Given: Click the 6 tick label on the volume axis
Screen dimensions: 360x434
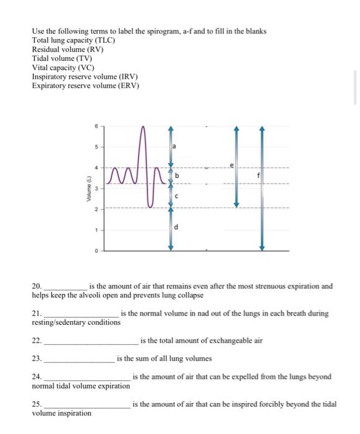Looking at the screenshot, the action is (x=97, y=125).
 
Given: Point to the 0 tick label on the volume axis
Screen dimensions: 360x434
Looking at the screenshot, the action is (x=97, y=251).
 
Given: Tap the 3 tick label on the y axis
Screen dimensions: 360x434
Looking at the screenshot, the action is (x=97, y=188).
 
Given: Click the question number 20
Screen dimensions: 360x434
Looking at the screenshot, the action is (x=37, y=286).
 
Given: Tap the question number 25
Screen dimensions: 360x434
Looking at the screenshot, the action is (x=37, y=404).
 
